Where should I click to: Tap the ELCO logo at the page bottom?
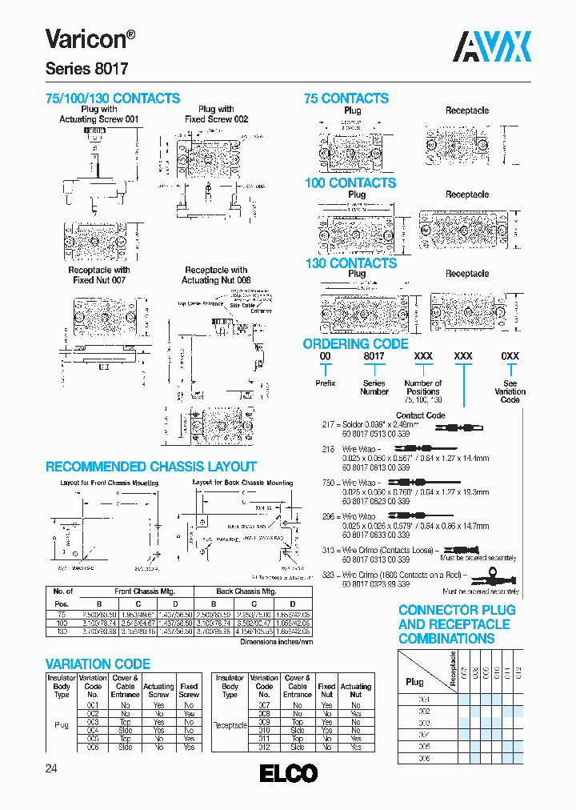[x=289, y=773]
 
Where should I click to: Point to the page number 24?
[x=51, y=769]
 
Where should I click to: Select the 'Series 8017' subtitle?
[x=86, y=70]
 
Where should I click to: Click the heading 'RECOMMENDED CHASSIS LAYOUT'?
[x=151, y=467]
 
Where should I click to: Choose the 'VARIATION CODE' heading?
[x=98, y=664]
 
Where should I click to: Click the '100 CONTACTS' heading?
[x=350, y=182]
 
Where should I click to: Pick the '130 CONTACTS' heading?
[x=350, y=263]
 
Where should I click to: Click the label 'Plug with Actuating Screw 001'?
[x=99, y=114]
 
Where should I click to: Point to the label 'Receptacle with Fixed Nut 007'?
[x=99, y=275]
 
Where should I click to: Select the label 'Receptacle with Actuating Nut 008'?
[x=216, y=275]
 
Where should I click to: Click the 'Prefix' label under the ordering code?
[x=325, y=383]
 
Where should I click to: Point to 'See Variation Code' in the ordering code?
[x=510, y=391]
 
